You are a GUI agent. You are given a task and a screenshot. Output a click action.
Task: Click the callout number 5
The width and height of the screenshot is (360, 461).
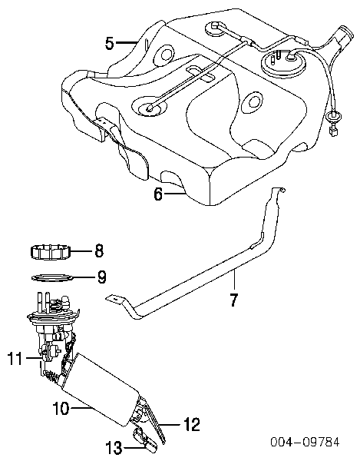tap(110, 43)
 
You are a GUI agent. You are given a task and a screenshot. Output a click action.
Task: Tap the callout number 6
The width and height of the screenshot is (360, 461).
tap(158, 194)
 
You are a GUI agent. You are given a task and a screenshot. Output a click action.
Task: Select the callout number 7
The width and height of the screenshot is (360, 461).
tap(233, 300)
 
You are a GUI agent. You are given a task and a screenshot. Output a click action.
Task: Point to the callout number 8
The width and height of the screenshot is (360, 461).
tap(99, 251)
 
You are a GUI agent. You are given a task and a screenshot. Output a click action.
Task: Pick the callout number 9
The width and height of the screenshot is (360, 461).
tap(101, 277)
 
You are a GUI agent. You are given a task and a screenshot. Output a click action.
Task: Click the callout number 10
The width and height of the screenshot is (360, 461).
tap(61, 408)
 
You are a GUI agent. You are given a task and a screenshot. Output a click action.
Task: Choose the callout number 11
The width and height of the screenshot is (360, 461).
tap(15, 358)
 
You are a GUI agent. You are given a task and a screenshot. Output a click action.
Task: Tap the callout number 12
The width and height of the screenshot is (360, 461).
tap(192, 424)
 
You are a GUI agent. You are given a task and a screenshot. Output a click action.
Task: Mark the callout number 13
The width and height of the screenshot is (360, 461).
tap(114, 448)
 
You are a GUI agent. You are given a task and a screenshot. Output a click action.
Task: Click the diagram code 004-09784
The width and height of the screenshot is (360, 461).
tap(305, 442)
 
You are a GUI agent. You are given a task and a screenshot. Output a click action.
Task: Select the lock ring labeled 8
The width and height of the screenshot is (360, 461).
tap(51, 252)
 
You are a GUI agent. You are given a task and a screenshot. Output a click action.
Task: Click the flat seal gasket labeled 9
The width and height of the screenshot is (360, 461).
tap(52, 277)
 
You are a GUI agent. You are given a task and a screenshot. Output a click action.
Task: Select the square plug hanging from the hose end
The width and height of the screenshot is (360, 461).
tap(333, 131)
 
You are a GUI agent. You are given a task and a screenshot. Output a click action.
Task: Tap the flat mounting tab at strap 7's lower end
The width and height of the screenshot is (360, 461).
tap(114, 298)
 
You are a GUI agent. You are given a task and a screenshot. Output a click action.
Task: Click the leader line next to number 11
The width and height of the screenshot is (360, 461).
tap(33, 358)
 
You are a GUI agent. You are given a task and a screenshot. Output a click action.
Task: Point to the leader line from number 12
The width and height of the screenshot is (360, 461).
tap(170, 425)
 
